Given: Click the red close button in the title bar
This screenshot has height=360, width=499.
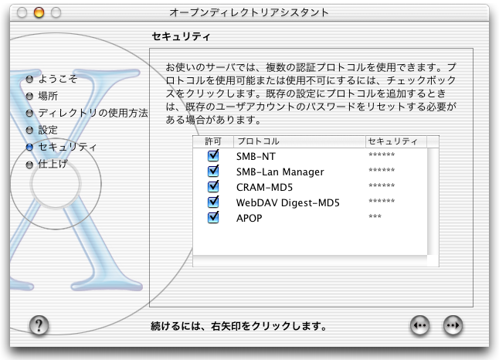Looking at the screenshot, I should (22, 12).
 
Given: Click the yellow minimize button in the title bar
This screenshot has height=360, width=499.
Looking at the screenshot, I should (38, 12).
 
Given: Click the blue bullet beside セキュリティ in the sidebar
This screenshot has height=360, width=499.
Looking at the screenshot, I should (29, 147).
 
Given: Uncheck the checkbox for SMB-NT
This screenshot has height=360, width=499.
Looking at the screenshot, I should (213, 156).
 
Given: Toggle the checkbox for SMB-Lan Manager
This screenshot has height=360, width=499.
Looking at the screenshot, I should (213, 172).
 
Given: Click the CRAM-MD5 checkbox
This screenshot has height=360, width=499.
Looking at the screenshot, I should (213, 187).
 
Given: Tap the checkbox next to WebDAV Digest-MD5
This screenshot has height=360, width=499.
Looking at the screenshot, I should (213, 202).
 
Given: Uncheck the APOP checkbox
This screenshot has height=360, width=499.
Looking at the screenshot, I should (213, 218).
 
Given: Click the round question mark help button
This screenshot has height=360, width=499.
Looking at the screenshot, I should (39, 325).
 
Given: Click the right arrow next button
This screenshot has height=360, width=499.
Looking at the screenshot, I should (453, 325).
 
